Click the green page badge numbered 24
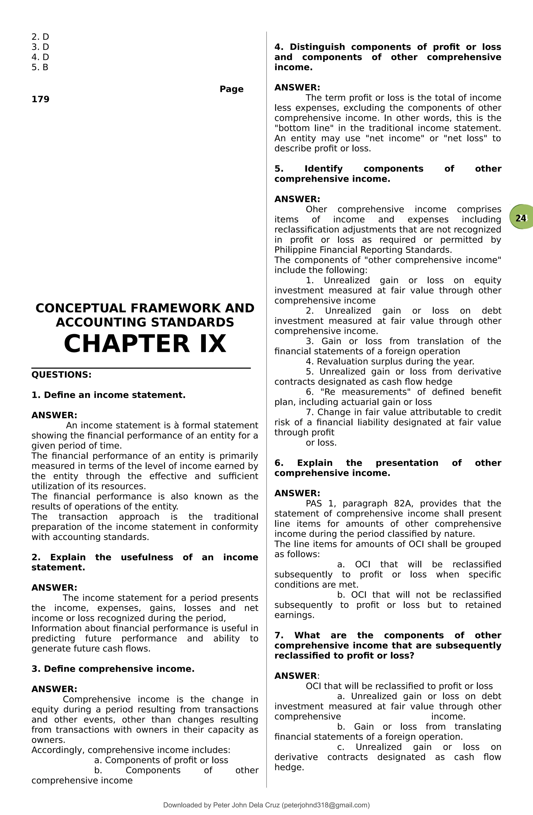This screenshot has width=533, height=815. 521,218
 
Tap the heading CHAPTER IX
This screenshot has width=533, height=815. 145,344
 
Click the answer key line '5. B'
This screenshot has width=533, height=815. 40,67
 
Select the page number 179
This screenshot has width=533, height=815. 40,99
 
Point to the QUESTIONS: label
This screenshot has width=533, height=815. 62,375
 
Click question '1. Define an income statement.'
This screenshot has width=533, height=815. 108,395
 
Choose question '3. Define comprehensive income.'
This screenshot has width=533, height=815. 113,669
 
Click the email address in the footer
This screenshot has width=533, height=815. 325,805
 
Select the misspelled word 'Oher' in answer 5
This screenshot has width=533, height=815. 316,209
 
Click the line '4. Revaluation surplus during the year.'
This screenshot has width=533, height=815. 390,361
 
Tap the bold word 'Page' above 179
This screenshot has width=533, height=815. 232,89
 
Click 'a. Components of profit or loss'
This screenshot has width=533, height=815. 161,760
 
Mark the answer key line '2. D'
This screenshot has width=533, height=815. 40,37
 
